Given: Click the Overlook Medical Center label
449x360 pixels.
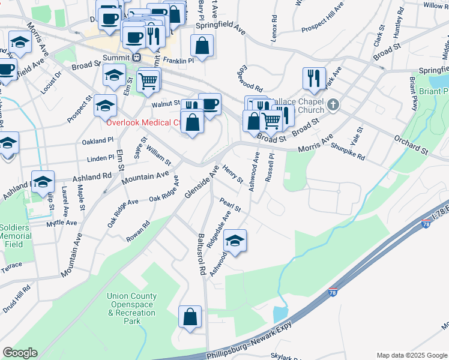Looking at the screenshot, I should [x=144, y=123].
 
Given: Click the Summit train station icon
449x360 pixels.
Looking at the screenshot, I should [x=137, y=57].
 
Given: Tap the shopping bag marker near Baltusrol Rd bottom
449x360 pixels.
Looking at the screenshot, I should [x=190, y=317].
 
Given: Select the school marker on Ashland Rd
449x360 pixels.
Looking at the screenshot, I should [x=43, y=181].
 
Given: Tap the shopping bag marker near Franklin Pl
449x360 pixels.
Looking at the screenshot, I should [x=202, y=46].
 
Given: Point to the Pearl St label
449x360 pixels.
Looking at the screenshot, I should [x=230, y=205].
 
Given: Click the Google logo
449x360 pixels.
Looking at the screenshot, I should [x=20, y=353].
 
